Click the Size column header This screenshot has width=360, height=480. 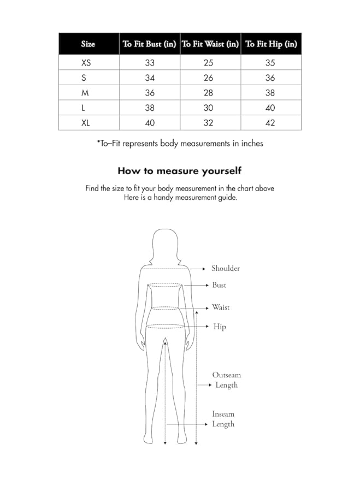(88, 44)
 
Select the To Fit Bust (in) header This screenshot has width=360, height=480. (149, 44)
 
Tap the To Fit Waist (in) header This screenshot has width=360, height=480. (210, 44)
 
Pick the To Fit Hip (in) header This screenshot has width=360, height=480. (271, 44)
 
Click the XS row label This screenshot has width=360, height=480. (86, 63)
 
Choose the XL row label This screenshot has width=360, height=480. (86, 123)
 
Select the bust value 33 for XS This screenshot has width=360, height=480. (150, 63)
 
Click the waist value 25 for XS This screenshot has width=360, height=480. (208, 63)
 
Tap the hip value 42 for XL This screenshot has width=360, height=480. (270, 123)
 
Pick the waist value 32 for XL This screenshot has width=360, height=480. (208, 123)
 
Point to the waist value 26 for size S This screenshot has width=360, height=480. (208, 78)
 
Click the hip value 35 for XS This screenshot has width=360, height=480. (270, 63)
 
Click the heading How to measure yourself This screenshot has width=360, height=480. (180, 170)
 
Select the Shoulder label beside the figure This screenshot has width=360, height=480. (226, 269)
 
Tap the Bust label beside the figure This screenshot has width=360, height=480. (219, 285)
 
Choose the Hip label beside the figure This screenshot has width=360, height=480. (220, 327)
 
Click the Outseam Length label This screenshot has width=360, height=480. (226, 380)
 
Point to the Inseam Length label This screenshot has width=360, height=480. (223, 419)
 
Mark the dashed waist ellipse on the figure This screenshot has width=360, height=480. (165, 308)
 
